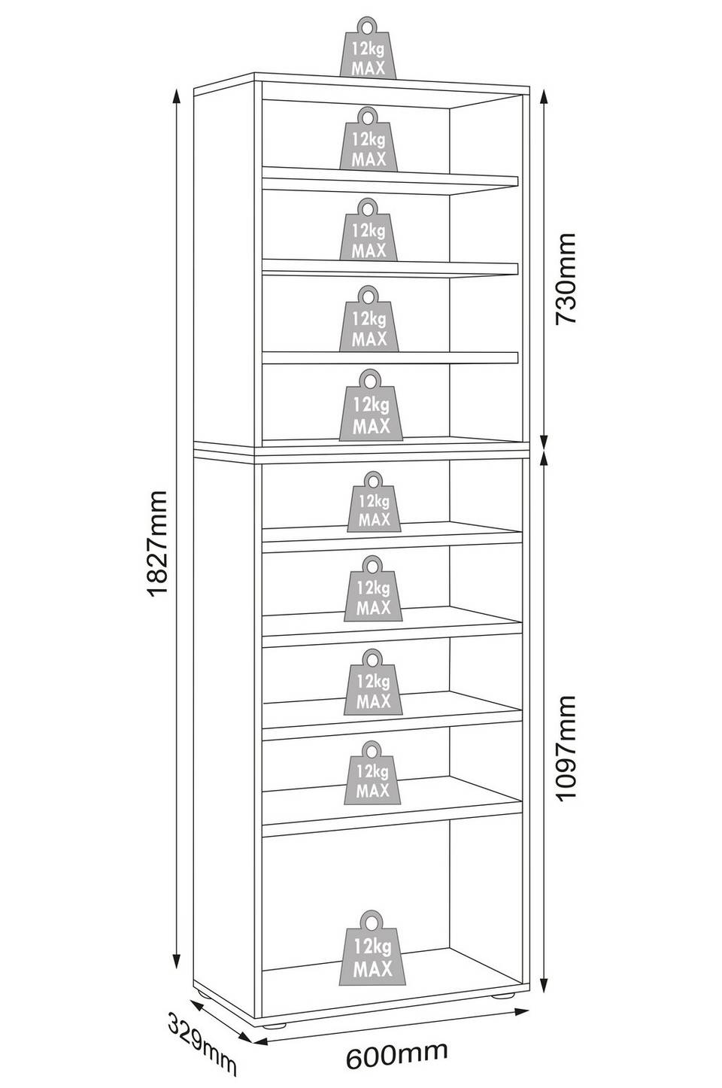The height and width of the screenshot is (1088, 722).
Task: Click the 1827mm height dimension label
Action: click(156, 543)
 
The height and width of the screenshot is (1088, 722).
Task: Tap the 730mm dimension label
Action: click(565, 278)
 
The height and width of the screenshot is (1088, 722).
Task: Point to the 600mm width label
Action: click(396, 1052)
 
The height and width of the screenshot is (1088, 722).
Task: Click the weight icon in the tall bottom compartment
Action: click(372, 947)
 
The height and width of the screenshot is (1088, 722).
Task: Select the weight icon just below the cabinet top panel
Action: click(368, 139)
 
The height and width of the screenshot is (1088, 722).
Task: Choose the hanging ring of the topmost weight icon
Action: click(367, 26)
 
